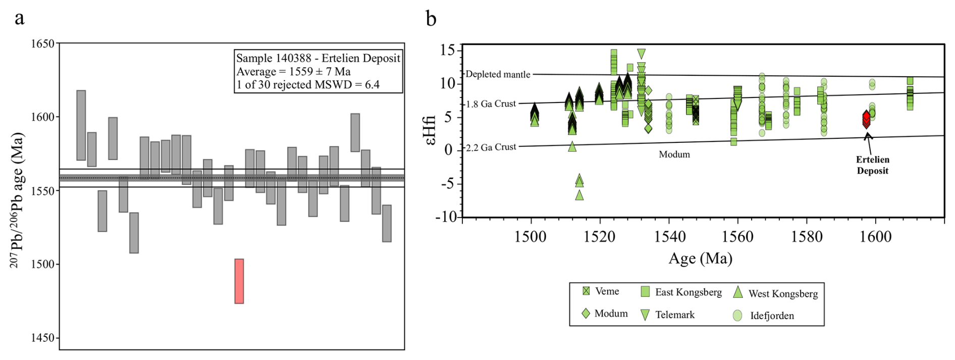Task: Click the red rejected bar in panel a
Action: (239, 281)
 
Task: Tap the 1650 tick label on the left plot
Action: (42, 44)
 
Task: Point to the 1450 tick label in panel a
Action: (42, 338)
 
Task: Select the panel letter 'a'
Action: (19, 18)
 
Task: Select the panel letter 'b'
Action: (431, 19)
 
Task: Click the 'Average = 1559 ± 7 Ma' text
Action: (293, 72)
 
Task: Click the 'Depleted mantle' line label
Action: (498, 74)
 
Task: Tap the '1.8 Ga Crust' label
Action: (491, 104)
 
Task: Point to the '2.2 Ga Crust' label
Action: (491, 147)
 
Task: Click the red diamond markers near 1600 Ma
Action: (866, 120)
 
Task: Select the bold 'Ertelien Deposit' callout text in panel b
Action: (872, 165)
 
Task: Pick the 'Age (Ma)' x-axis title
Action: (700, 259)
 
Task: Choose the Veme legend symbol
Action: (586, 291)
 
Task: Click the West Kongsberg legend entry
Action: (775, 293)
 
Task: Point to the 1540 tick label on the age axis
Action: (669, 237)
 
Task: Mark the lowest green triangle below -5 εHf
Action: (579, 195)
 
